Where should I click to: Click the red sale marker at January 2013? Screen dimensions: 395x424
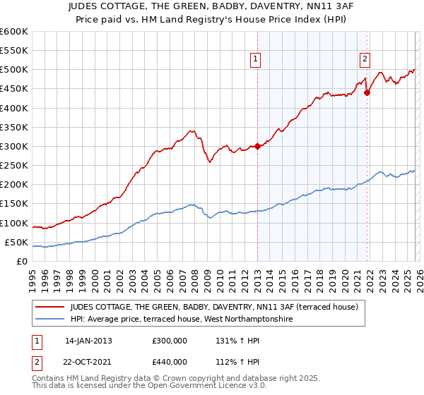click(257, 147)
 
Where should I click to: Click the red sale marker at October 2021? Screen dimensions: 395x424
click(367, 92)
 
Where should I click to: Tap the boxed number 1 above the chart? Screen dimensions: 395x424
click(255, 59)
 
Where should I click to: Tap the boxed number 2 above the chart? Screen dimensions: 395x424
click(365, 59)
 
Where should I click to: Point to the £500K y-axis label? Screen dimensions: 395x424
click(14, 70)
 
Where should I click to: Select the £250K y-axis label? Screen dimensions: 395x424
click(14, 166)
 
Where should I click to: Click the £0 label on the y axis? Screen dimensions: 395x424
click(21, 261)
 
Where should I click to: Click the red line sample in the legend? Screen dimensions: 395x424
click(49, 307)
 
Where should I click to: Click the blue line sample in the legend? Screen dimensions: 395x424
click(49, 319)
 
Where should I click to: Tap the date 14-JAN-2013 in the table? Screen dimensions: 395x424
click(88, 340)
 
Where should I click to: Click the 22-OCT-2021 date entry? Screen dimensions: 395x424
click(89, 363)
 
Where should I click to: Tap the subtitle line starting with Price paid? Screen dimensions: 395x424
click(212, 19)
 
